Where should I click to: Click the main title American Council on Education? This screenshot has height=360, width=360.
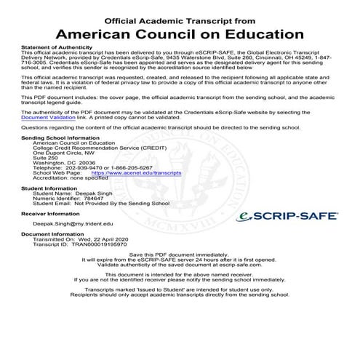(180, 33)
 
